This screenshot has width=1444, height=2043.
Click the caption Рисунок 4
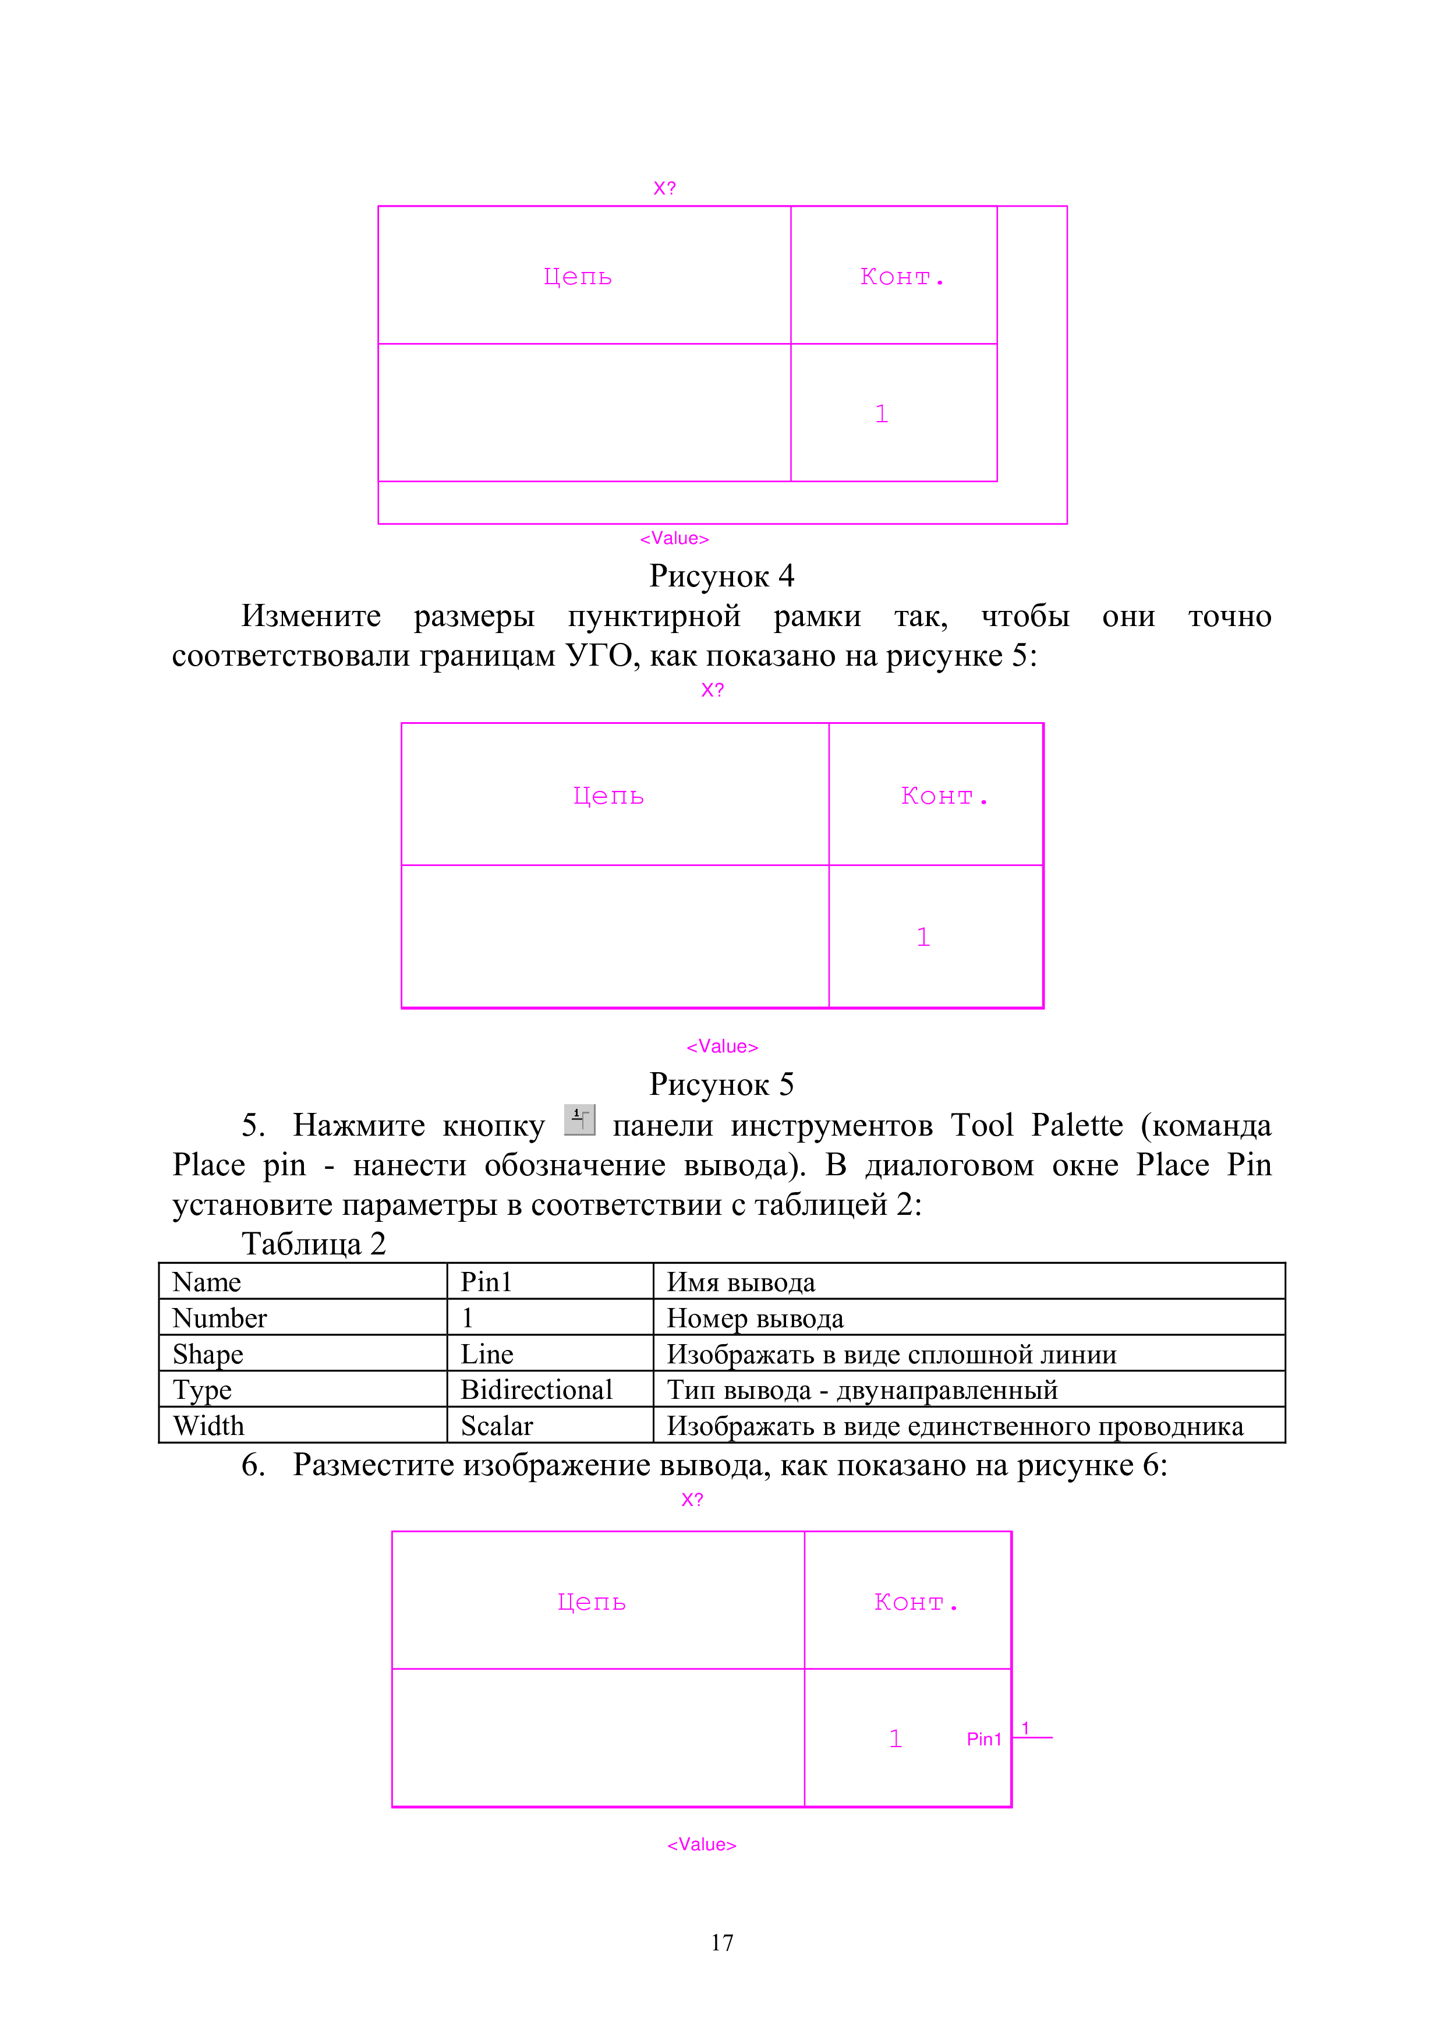click(721, 577)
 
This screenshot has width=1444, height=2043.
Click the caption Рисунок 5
click(721, 1084)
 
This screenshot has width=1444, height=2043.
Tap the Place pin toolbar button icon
click(579, 1119)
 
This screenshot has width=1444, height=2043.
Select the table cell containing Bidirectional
click(550, 1389)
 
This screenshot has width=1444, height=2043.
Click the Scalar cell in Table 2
click(550, 1426)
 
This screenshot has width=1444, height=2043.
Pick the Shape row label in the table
click(303, 1353)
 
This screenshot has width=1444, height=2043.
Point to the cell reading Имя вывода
click(969, 1281)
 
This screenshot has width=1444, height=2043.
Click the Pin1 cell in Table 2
click(550, 1281)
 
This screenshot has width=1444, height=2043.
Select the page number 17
click(721, 1942)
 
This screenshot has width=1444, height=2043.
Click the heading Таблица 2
click(313, 1244)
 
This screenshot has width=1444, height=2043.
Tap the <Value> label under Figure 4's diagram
click(674, 538)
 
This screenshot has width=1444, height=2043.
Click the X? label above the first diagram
click(664, 189)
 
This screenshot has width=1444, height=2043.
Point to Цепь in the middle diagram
click(608, 796)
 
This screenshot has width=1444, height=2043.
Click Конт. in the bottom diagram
click(916, 1603)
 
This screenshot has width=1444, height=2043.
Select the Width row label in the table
click(303, 1426)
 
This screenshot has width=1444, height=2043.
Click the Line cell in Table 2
click(550, 1353)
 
